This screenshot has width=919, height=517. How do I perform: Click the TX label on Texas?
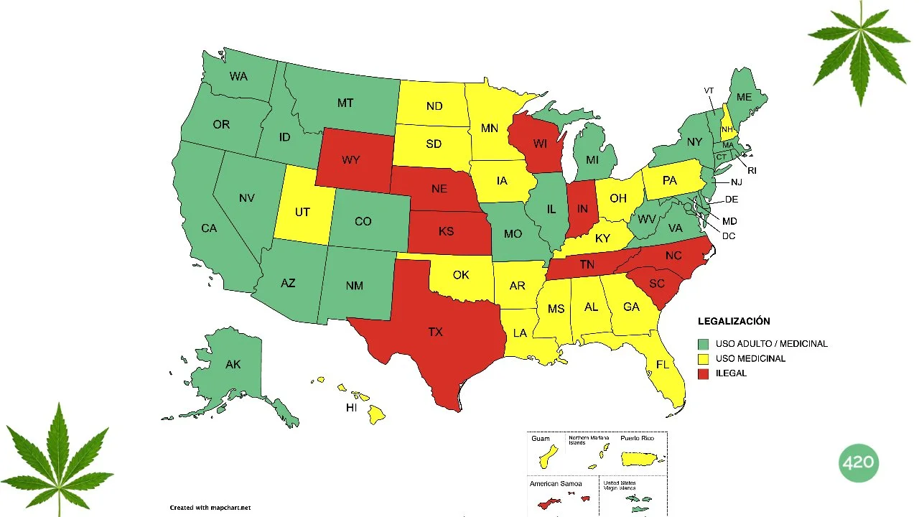point(436,332)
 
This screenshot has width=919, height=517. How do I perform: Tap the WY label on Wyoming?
point(351,159)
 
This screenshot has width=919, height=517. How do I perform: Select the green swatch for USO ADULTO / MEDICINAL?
point(704,344)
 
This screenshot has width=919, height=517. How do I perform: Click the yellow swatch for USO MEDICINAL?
point(704,358)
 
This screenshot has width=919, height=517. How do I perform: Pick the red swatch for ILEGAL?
point(704,373)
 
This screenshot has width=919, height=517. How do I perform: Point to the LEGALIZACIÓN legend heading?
point(734,322)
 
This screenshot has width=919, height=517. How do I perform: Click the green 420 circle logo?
point(858,462)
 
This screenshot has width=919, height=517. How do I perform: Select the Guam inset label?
point(541,439)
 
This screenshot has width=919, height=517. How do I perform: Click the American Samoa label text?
point(555,484)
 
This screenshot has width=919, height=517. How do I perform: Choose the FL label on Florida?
point(662,365)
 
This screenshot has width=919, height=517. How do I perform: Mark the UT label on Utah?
point(302,213)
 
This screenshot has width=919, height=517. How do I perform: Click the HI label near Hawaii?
point(352,408)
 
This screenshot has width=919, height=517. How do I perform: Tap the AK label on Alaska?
point(233,365)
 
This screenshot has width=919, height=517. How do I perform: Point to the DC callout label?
point(729,236)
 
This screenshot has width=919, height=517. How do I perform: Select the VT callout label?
point(709,90)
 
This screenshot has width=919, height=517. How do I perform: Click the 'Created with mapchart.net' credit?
point(210,508)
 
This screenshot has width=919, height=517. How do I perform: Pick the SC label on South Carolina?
point(657,284)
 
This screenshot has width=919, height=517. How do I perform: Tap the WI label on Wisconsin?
point(540,143)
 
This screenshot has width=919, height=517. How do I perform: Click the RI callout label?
point(752,171)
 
